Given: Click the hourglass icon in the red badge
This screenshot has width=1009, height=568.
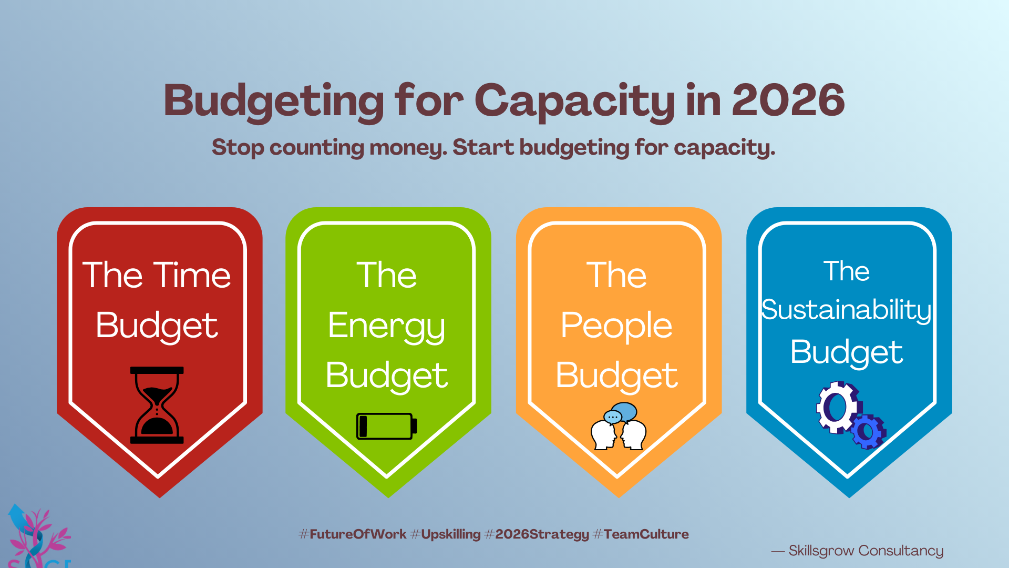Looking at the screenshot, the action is point(157,405).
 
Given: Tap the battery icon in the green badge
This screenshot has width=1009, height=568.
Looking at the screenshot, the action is point(387,426).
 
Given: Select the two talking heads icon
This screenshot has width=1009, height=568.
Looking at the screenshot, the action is point(619,427).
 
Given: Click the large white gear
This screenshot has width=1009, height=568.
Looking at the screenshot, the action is point(838,407).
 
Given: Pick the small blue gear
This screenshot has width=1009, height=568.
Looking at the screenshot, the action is point(868,431).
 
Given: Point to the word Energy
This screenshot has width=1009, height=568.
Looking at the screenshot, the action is point(387,327).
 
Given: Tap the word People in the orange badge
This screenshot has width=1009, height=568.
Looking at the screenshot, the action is point(616,326).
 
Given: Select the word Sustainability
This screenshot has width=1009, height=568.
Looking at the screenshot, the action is point(847,310).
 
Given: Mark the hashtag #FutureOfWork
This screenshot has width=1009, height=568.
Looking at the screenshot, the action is point(353,534).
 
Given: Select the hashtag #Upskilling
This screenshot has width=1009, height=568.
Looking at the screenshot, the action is point(445,535).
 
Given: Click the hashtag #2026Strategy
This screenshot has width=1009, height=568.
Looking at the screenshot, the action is point(537,535).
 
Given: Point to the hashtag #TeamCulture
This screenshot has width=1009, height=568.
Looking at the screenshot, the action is point(641,534).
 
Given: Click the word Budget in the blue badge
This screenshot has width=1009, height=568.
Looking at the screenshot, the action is point(847,352).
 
